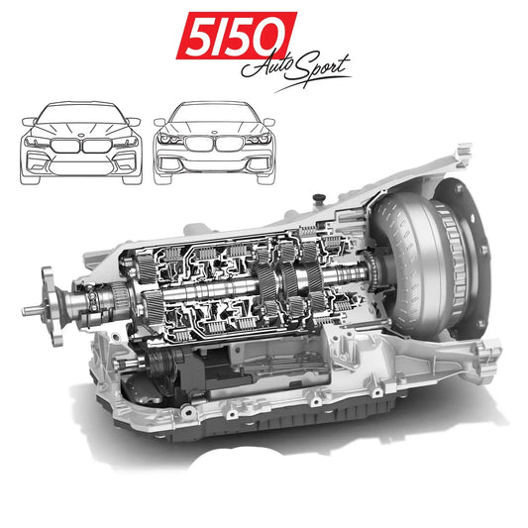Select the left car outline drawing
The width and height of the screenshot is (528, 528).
pos(81,143)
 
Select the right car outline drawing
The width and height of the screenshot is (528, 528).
pos(214,143)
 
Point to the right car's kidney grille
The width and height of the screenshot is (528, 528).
pos(214,145)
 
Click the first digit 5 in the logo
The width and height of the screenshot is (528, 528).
pos(193,37)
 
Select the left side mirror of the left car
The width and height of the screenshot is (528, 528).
pos(27,122)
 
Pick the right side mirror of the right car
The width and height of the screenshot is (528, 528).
pos(269,122)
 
